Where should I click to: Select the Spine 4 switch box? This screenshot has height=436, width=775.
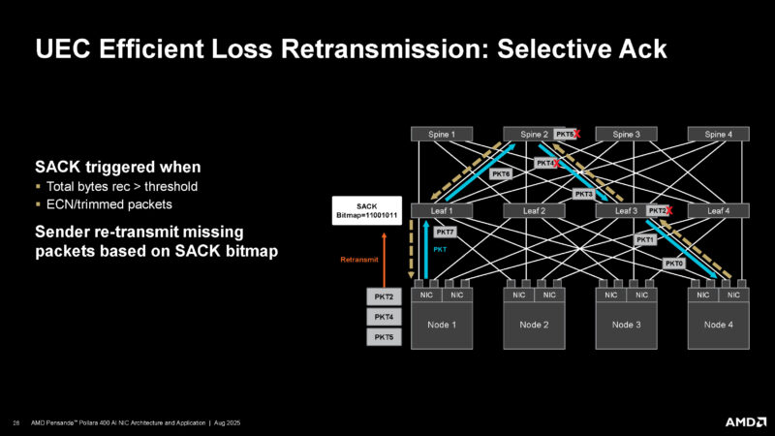coord(718,134)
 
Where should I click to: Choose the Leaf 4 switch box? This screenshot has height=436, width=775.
coord(718,210)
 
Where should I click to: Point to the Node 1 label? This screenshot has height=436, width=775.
coord(443,325)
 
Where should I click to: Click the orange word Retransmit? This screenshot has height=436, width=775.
coord(358,260)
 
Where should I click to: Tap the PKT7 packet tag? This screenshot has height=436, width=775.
coord(446,233)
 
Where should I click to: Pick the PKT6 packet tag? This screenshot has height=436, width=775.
coord(501,173)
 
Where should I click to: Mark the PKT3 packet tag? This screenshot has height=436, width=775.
coord(583,194)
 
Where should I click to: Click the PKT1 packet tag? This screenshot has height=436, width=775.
coord(645,239)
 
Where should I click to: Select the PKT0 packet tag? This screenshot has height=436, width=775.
coord(674,263)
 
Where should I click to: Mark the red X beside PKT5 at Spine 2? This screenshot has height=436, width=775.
coord(578,133)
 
